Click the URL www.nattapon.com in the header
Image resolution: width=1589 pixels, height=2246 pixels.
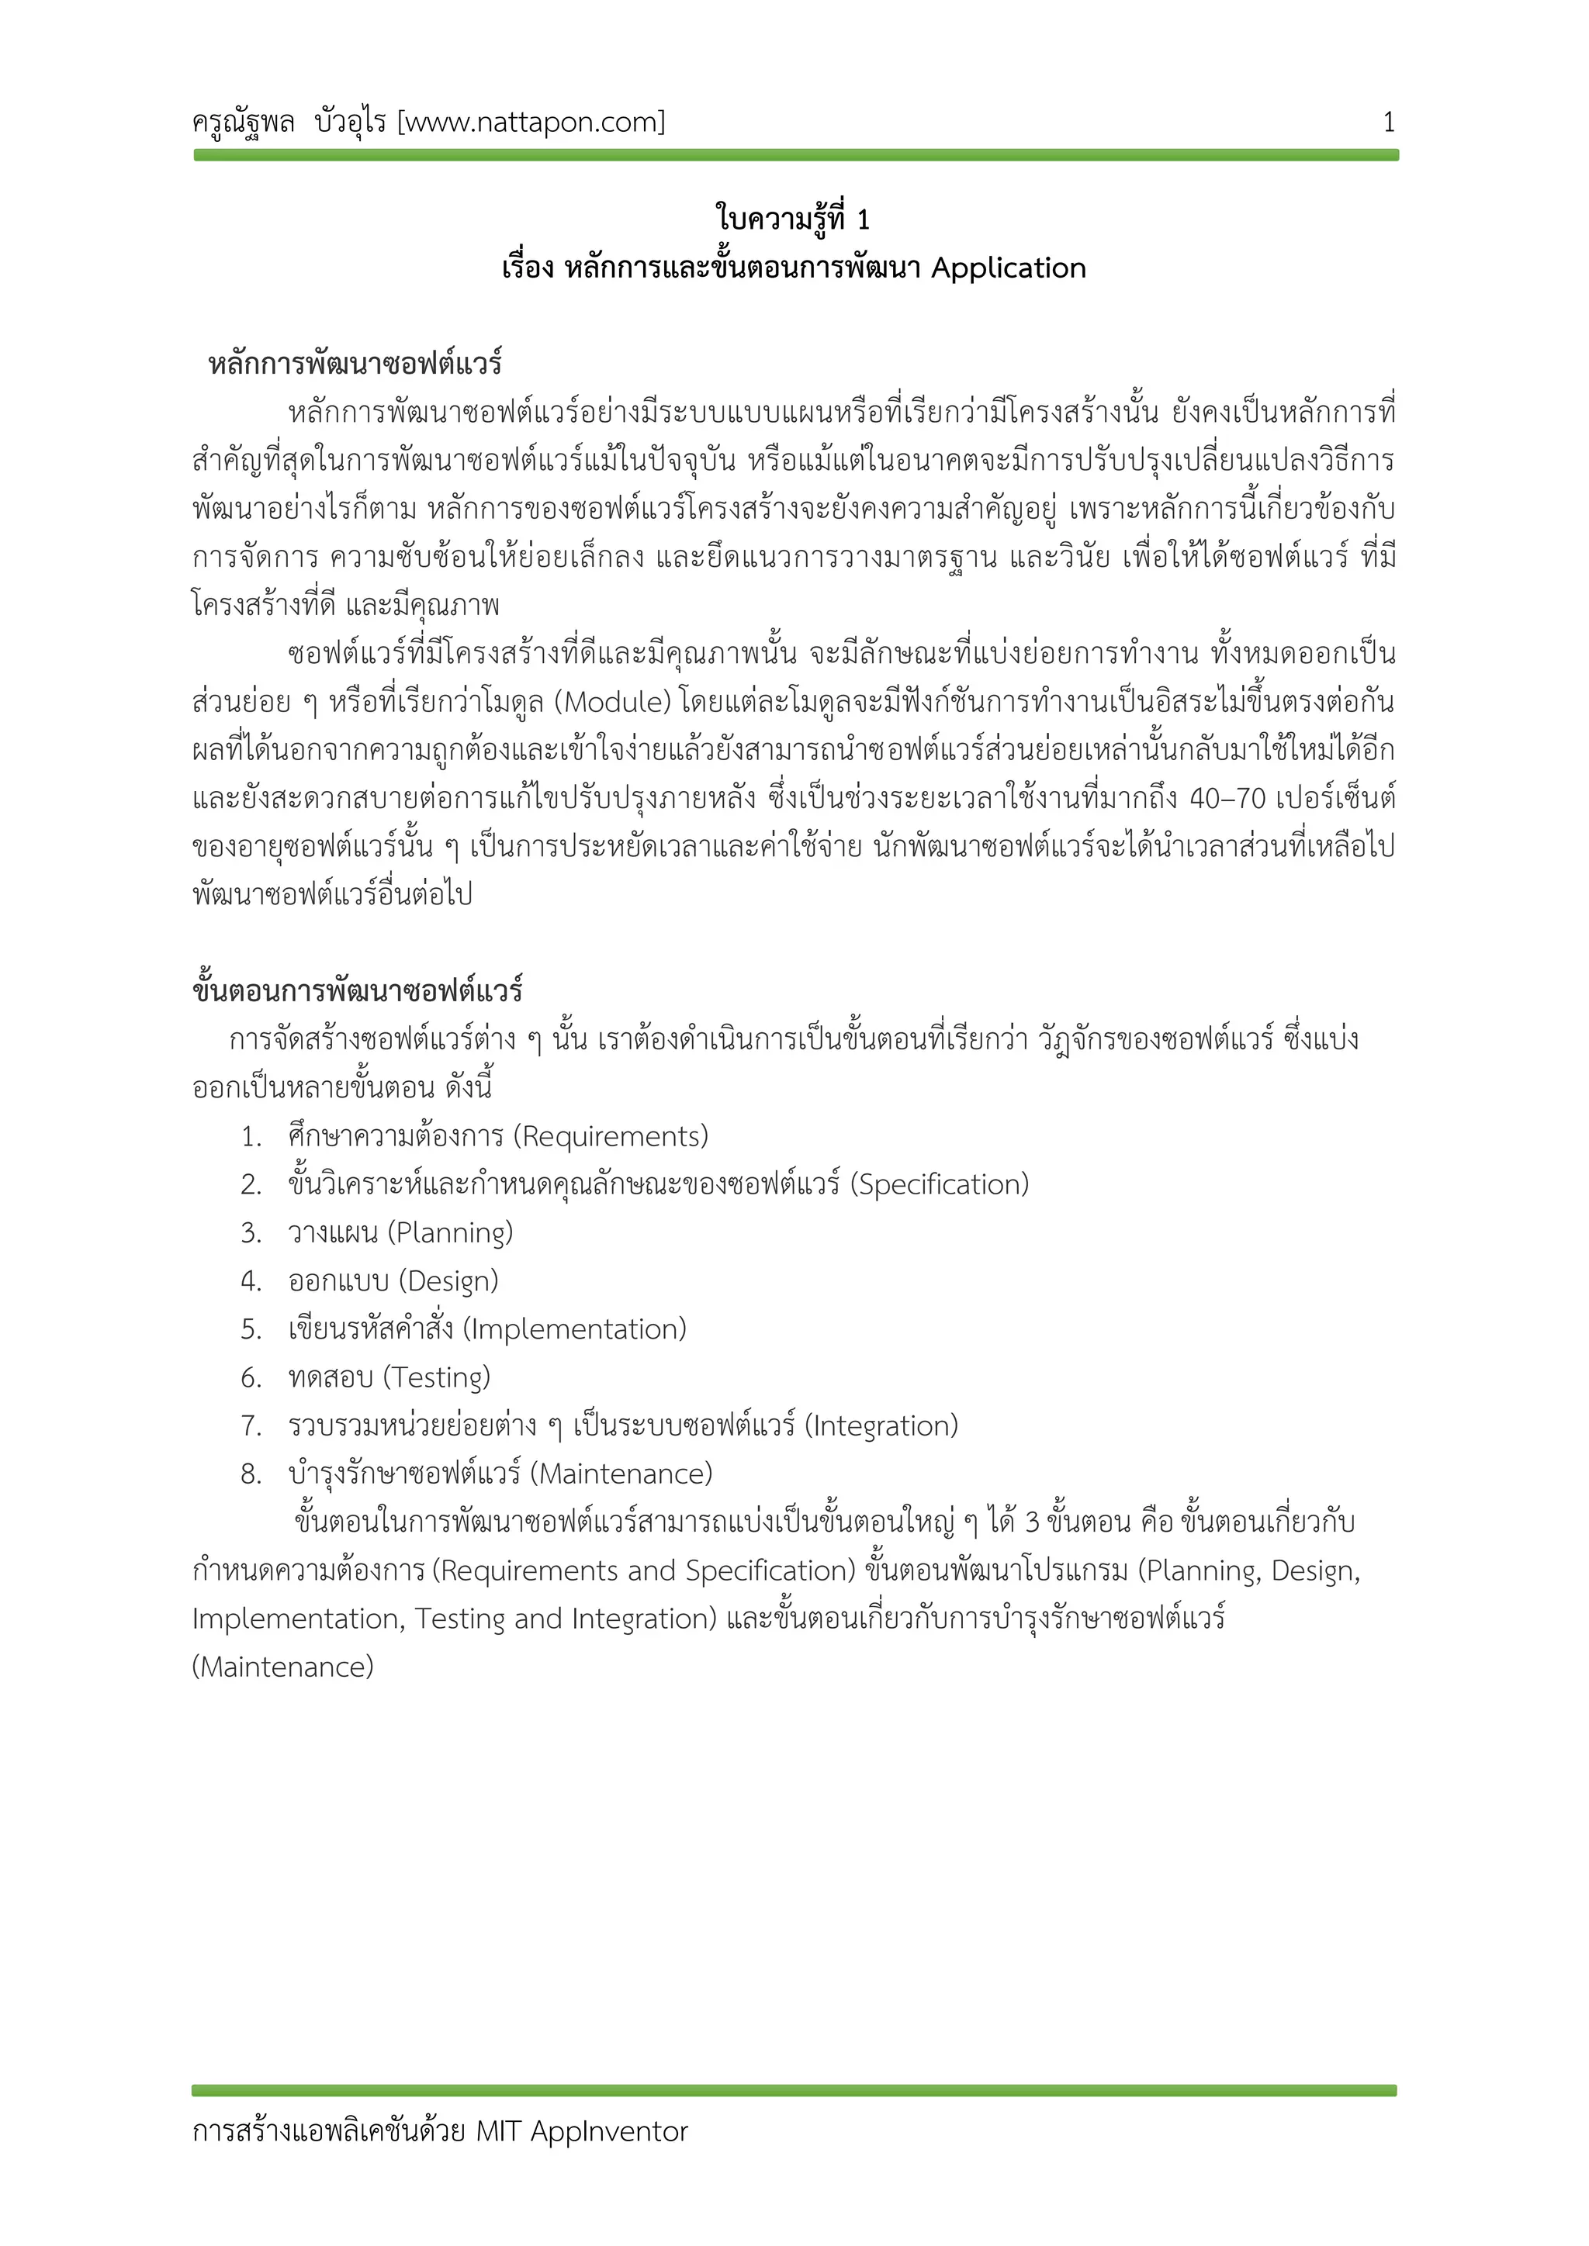pyautogui.click(x=531, y=123)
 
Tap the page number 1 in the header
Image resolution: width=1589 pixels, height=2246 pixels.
pyautogui.click(x=1387, y=123)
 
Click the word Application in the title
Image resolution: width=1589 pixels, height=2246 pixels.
pyautogui.click(x=1008, y=268)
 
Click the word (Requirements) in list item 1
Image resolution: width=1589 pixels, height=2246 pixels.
pyautogui.click(x=611, y=1137)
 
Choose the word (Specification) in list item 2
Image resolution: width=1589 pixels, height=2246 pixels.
pyautogui.click(x=940, y=1184)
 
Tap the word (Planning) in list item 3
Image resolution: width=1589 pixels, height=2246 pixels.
pyautogui.click(x=450, y=1232)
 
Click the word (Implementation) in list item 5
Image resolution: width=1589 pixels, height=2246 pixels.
pyautogui.click(x=574, y=1329)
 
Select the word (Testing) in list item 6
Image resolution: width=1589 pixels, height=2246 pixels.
pyautogui.click(x=436, y=1377)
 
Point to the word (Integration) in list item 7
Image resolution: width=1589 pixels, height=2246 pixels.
pyautogui.click(x=881, y=1426)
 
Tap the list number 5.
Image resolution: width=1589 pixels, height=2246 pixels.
pyautogui.click(x=251, y=1329)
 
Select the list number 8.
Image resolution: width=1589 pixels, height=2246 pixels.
pyautogui.click(x=251, y=1474)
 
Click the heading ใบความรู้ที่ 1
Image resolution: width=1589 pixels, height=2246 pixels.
pyautogui.click(x=792, y=219)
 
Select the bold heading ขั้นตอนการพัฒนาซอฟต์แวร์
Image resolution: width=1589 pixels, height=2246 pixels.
pyautogui.click(x=357, y=991)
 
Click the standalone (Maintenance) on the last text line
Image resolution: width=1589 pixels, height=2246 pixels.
pyautogui.click(x=282, y=1667)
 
